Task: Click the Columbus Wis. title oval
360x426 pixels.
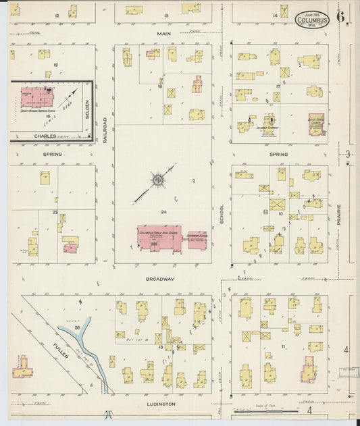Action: click(312, 20)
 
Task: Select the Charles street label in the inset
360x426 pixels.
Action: click(45, 136)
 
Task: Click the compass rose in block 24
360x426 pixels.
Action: click(157, 180)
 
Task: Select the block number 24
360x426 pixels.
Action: click(163, 212)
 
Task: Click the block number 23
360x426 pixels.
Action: click(54, 212)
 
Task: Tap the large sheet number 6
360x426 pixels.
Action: click(342, 15)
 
